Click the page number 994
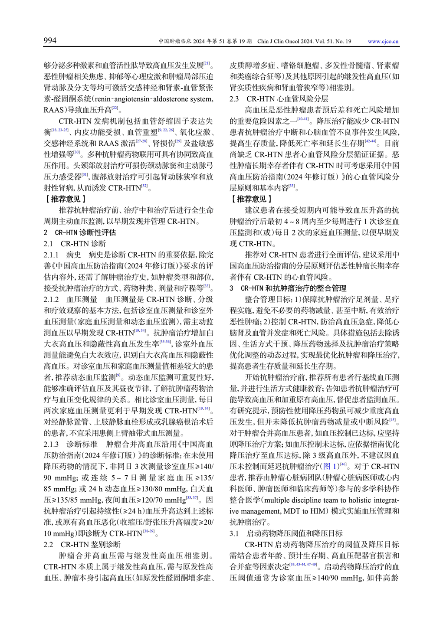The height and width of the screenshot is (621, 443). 50,40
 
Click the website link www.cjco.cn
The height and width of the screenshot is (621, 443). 383,42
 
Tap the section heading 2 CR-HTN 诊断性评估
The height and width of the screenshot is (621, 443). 80,232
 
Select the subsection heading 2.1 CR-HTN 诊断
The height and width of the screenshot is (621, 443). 75,244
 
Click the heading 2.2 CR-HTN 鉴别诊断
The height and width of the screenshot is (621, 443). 82,544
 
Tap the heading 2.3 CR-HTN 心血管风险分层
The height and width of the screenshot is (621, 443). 279,99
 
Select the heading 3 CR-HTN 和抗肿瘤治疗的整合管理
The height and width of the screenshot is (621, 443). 294,288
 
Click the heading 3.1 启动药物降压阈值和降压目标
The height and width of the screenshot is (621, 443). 286,533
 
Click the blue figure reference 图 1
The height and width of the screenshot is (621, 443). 330,467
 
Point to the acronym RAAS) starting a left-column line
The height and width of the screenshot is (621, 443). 54,110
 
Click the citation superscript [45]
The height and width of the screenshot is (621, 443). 392,419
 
